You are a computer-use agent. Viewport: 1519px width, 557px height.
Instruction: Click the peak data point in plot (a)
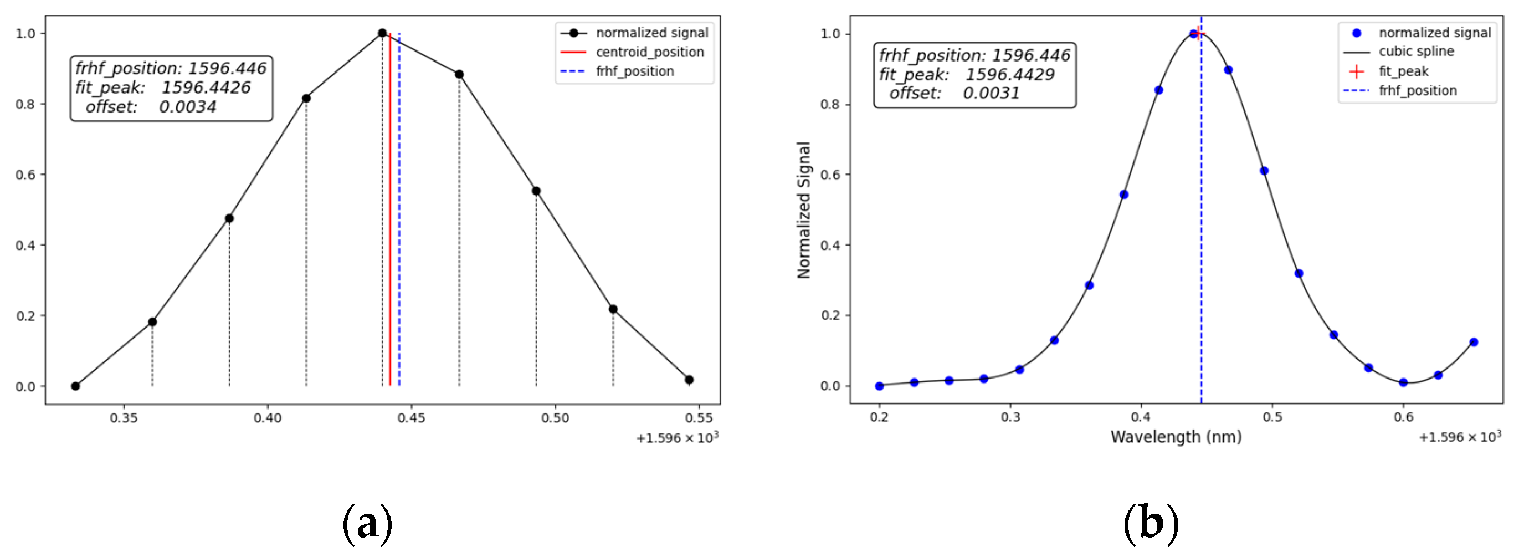pos(382,34)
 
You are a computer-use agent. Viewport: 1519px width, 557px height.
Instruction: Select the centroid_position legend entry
pos(649,53)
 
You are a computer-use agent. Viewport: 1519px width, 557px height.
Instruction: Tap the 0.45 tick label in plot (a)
pos(411,418)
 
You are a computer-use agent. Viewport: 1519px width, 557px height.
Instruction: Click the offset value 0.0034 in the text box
pos(187,107)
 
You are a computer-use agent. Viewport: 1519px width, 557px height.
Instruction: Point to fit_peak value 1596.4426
pos(206,88)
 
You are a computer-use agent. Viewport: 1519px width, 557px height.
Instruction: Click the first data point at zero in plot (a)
pos(75,386)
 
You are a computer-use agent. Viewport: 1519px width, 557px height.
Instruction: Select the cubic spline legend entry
pos(1415,52)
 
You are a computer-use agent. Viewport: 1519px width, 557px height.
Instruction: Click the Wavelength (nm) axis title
pos(1176,437)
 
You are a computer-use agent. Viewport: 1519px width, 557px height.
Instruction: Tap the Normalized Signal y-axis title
pos(804,210)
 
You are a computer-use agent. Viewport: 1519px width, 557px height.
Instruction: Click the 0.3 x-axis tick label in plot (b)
pos(1010,417)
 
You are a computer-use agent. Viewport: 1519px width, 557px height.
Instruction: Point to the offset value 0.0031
pos(991,93)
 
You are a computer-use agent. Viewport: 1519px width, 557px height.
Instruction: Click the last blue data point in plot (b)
pos(1474,342)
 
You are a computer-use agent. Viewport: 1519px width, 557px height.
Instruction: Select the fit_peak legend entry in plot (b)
pos(1403,72)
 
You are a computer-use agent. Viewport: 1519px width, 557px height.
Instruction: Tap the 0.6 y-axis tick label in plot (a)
pos(25,175)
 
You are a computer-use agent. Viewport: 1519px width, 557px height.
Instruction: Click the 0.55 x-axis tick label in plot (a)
pos(699,418)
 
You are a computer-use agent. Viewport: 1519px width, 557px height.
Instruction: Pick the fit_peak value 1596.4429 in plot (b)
pos(1009,75)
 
